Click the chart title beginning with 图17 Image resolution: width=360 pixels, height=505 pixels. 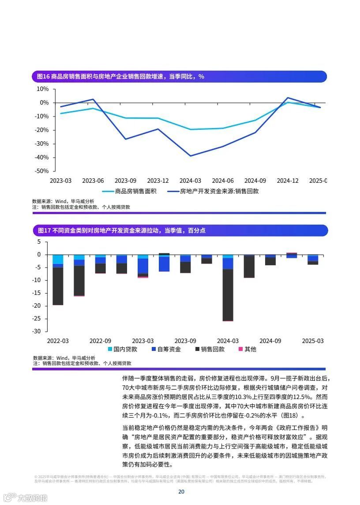pyautogui.click(x=121, y=230)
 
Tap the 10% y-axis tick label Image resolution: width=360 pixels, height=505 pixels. pyautogui.click(x=43, y=89)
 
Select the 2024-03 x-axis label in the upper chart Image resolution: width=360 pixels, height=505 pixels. pyautogui.click(x=190, y=181)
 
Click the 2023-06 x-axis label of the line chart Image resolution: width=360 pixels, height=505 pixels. pyautogui.click(x=93, y=181)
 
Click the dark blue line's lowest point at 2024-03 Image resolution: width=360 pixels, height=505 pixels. pyautogui.click(x=191, y=156)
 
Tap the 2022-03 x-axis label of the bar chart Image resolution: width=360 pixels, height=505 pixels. pyautogui.click(x=58, y=341)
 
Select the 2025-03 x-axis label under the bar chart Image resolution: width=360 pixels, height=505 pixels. pyautogui.click(x=312, y=341)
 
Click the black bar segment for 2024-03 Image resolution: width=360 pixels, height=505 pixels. pyautogui.click(x=228, y=295)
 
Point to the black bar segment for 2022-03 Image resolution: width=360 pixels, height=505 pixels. pyautogui.click(x=58, y=286)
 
